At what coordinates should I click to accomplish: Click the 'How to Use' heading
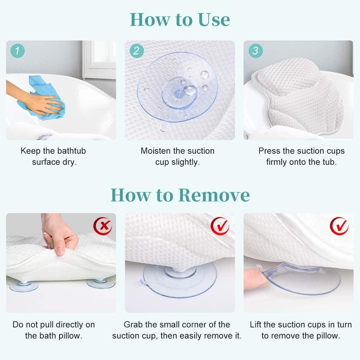click(x=180, y=20)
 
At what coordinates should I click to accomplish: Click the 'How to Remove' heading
click(x=180, y=195)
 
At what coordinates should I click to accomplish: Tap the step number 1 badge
click(x=18, y=51)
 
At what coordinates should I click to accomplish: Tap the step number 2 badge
click(x=136, y=51)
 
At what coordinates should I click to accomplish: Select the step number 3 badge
click(x=255, y=51)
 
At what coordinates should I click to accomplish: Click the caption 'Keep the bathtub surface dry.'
click(x=54, y=156)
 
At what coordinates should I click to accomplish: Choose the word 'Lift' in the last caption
click(x=256, y=325)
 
